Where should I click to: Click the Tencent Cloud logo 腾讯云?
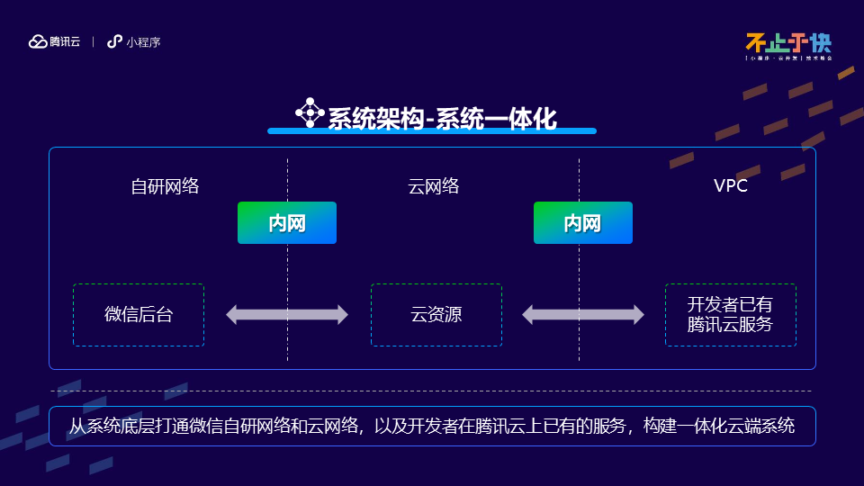55,41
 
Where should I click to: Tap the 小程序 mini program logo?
134,41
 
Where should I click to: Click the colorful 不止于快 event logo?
788,45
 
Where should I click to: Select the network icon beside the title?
310,112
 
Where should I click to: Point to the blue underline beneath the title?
432,131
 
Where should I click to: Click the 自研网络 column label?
165,186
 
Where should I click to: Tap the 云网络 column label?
434,186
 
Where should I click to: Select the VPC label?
731,186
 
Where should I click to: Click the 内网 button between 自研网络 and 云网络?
287,223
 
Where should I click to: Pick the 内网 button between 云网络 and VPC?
582,223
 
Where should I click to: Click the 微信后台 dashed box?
139,315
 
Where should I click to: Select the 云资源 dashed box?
436,315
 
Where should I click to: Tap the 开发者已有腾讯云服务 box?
730,315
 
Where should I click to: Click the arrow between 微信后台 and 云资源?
287,315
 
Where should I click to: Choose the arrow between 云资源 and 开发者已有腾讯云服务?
583,315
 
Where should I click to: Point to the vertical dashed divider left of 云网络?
287,270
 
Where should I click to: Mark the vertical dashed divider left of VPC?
579,270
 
